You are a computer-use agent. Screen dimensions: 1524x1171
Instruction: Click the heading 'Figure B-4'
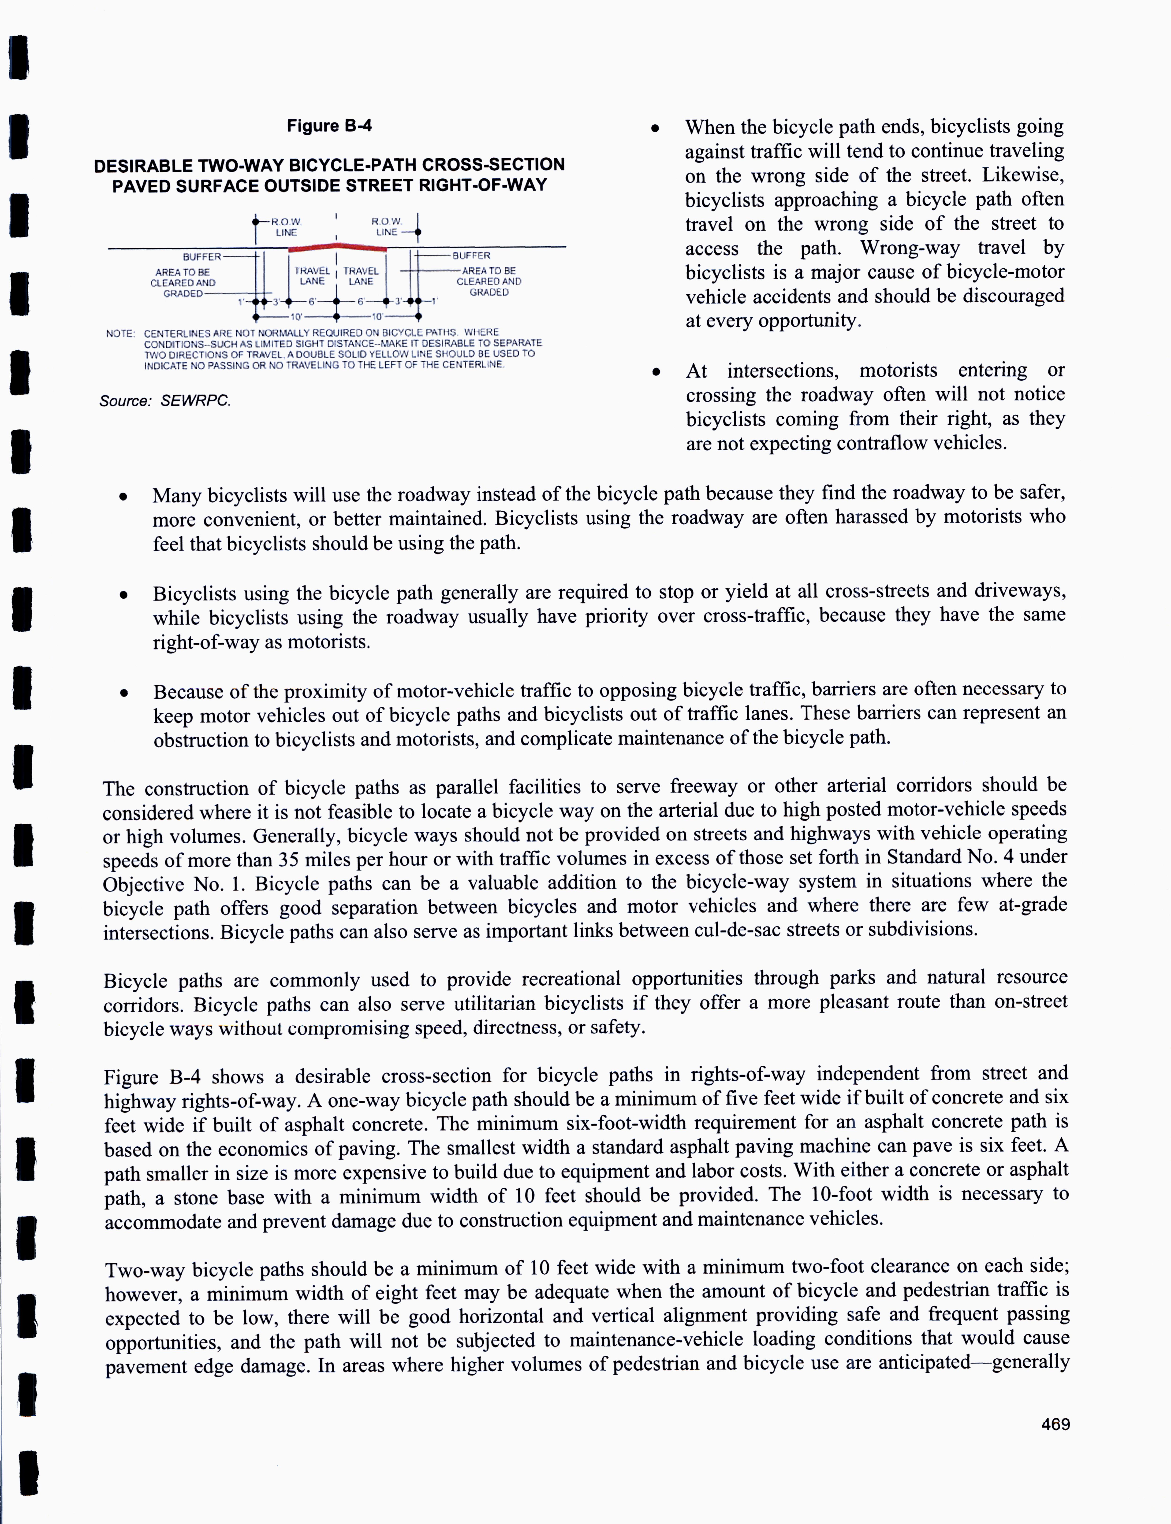point(329,126)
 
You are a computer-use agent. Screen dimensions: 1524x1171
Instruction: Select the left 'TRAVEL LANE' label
point(312,276)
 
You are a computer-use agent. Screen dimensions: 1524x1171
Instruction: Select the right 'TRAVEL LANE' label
point(361,276)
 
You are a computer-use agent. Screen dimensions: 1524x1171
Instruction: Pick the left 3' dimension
point(276,302)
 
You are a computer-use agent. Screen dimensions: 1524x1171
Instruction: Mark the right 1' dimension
point(433,302)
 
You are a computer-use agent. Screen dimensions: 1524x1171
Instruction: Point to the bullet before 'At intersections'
point(656,372)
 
